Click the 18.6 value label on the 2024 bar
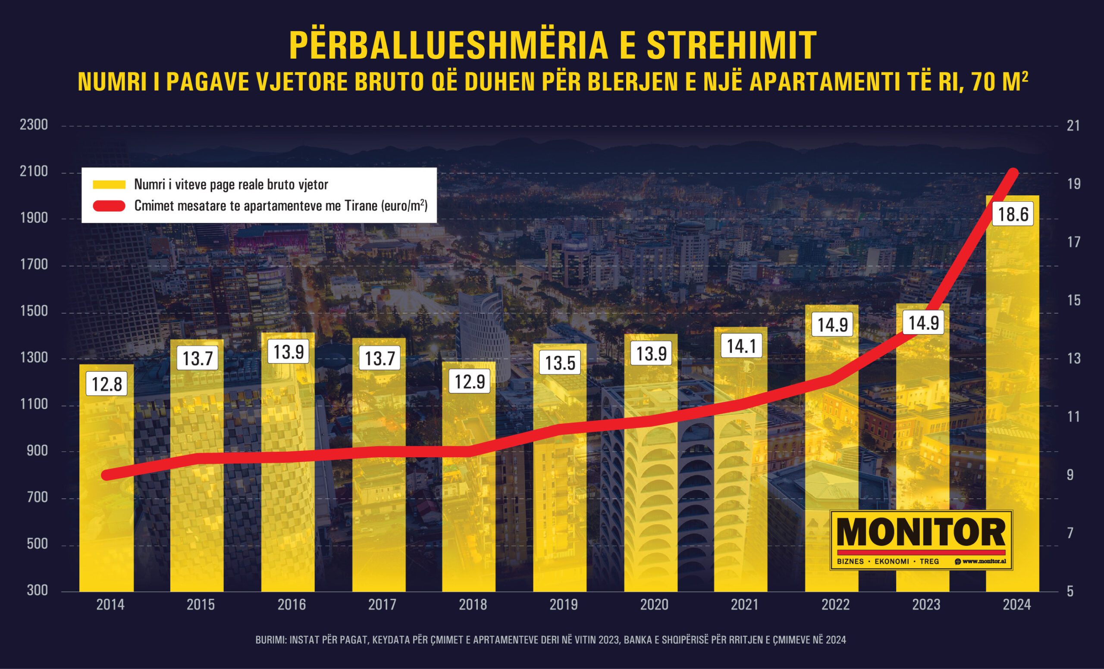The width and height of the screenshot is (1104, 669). (1013, 214)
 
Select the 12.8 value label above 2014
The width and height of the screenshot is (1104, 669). (107, 384)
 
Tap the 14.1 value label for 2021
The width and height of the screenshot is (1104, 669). (741, 346)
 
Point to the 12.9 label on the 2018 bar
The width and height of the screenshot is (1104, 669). (470, 381)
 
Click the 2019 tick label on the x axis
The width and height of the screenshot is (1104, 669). (564, 604)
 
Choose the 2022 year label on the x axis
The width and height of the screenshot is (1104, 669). (835, 604)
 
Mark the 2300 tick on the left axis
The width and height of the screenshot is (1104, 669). (34, 125)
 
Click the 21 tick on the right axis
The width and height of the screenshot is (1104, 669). (1073, 125)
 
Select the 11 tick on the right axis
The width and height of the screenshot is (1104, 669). (1073, 416)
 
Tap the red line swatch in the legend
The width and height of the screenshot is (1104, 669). (110, 206)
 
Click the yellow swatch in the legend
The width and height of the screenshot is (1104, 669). (110, 184)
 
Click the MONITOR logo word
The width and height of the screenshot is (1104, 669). (921, 533)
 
